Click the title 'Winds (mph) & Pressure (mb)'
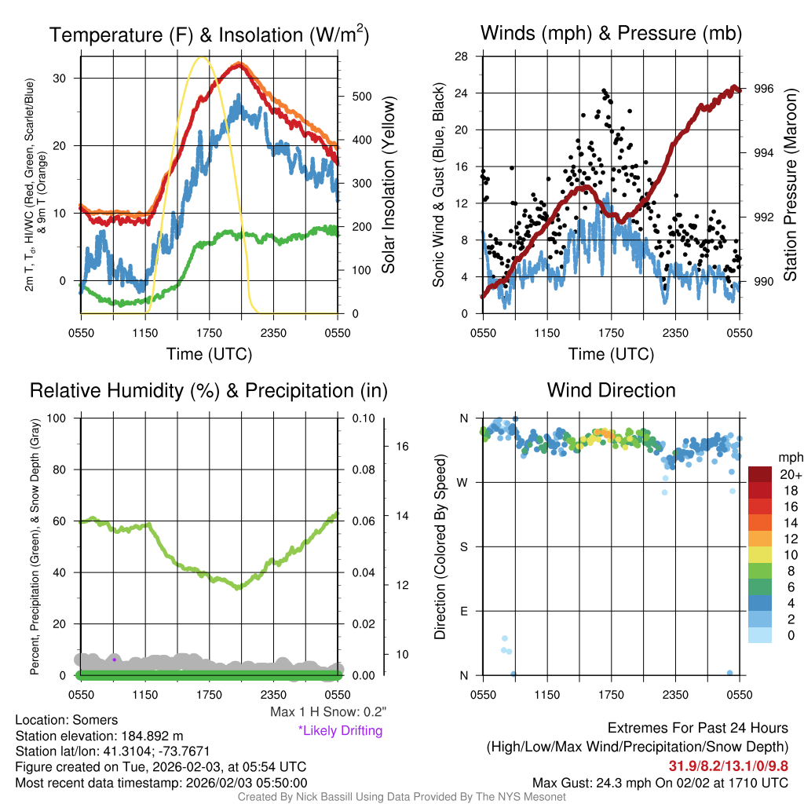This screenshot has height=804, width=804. (611, 34)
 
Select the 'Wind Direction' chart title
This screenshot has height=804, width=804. (611, 390)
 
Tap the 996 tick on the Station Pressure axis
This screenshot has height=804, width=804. (763, 89)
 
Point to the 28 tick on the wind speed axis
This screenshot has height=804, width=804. (462, 57)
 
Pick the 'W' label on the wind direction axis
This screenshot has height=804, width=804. (463, 482)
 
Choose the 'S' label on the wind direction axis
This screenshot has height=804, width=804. (464, 546)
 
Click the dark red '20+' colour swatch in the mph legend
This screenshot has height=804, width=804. (761, 474)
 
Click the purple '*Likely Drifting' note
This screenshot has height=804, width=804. (340, 730)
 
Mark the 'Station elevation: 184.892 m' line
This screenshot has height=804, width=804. (99, 736)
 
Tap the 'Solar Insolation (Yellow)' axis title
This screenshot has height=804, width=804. (389, 185)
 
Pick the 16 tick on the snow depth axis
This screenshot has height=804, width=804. (404, 447)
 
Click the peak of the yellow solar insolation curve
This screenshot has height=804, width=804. (203, 57)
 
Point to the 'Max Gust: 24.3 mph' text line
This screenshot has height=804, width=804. (660, 782)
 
